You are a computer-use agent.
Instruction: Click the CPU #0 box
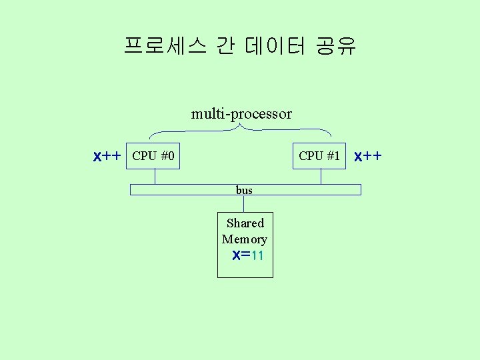pyautogui.click(x=153, y=157)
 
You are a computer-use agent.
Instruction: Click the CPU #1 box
pyautogui.click(x=320, y=157)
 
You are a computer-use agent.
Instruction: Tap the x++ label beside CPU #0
pyautogui.click(x=107, y=157)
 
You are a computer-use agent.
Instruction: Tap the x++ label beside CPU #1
pyautogui.click(x=368, y=157)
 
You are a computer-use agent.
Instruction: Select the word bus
pyautogui.click(x=244, y=190)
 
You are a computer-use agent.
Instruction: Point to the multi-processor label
pyautogui.click(x=241, y=114)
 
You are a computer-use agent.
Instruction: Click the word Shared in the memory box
pyautogui.click(x=245, y=223)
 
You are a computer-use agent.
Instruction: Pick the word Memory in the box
pyautogui.click(x=245, y=239)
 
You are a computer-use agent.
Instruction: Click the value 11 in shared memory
pyautogui.click(x=259, y=255)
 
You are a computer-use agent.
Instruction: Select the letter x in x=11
pyautogui.click(x=235, y=255)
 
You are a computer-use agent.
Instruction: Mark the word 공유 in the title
pyautogui.click(x=336, y=46)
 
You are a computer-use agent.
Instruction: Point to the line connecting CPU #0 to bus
pyautogui.click(x=155, y=177)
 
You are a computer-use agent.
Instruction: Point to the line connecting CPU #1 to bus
pyautogui.click(x=321, y=177)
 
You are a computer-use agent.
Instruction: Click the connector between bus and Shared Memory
pyautogui.click(x=244, y=203)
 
